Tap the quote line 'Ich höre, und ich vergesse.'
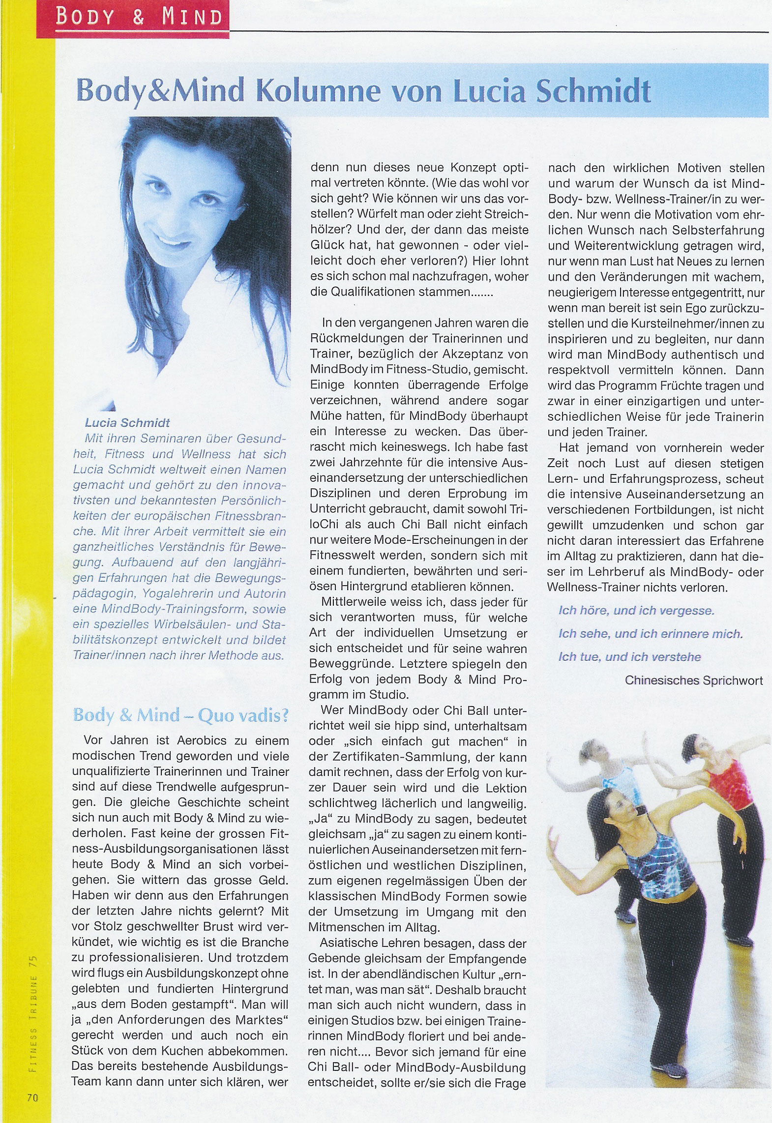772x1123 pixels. [636, 611]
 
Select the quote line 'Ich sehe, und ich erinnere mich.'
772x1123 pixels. [650, 634]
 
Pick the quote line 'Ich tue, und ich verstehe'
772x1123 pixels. [629, 656]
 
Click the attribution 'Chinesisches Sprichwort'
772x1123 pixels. [694, 680]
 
